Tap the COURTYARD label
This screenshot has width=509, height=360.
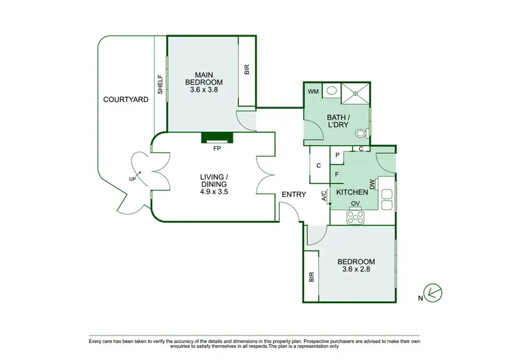point(126,100)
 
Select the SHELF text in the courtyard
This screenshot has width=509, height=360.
point(160,84)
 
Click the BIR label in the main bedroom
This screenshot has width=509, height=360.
point(246,70)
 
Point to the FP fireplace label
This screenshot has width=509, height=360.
point(217,147)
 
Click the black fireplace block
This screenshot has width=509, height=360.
point(217,138)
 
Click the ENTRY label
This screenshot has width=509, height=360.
point(295,195)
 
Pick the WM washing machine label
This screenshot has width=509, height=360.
point(313,91)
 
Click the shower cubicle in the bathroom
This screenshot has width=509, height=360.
point(356,94)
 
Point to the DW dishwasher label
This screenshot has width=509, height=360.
point(372,185)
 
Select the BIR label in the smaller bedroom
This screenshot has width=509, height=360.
point(312,276)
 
